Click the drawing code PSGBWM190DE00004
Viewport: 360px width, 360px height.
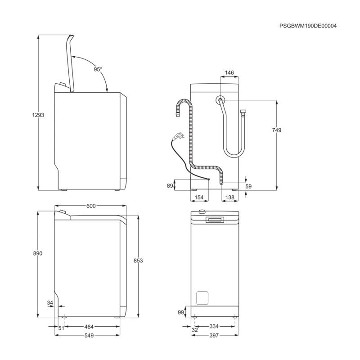[308, 26]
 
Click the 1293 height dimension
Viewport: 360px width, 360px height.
[38, 115]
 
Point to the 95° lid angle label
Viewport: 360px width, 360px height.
[98, 69]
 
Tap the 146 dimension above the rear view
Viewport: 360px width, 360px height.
[229, 72]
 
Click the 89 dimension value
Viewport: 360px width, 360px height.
[170, 185]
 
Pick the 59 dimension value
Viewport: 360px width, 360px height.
[248, 186]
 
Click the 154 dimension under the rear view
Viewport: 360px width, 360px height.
[199, 198]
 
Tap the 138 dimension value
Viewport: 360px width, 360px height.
[229, 198]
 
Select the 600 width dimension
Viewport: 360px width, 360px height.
[90, 206]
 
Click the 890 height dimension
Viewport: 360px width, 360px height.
[38, 253]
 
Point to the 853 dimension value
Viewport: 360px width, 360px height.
[138, 261]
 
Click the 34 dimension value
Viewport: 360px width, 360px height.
[50, 302]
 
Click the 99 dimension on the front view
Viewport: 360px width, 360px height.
[181, 312]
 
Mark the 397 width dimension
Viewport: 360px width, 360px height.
[214, 336]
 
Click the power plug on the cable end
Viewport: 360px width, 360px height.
[179, 135]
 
